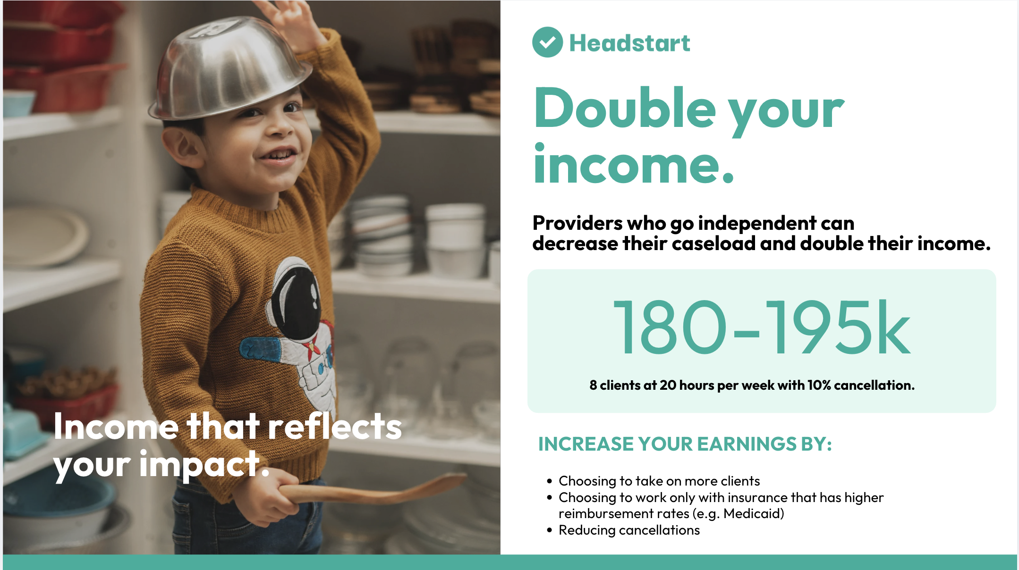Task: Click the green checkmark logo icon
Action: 547,42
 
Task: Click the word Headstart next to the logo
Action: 629,43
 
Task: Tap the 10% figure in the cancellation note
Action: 819,385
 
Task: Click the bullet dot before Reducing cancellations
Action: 549,530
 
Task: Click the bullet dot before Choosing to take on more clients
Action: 549,481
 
